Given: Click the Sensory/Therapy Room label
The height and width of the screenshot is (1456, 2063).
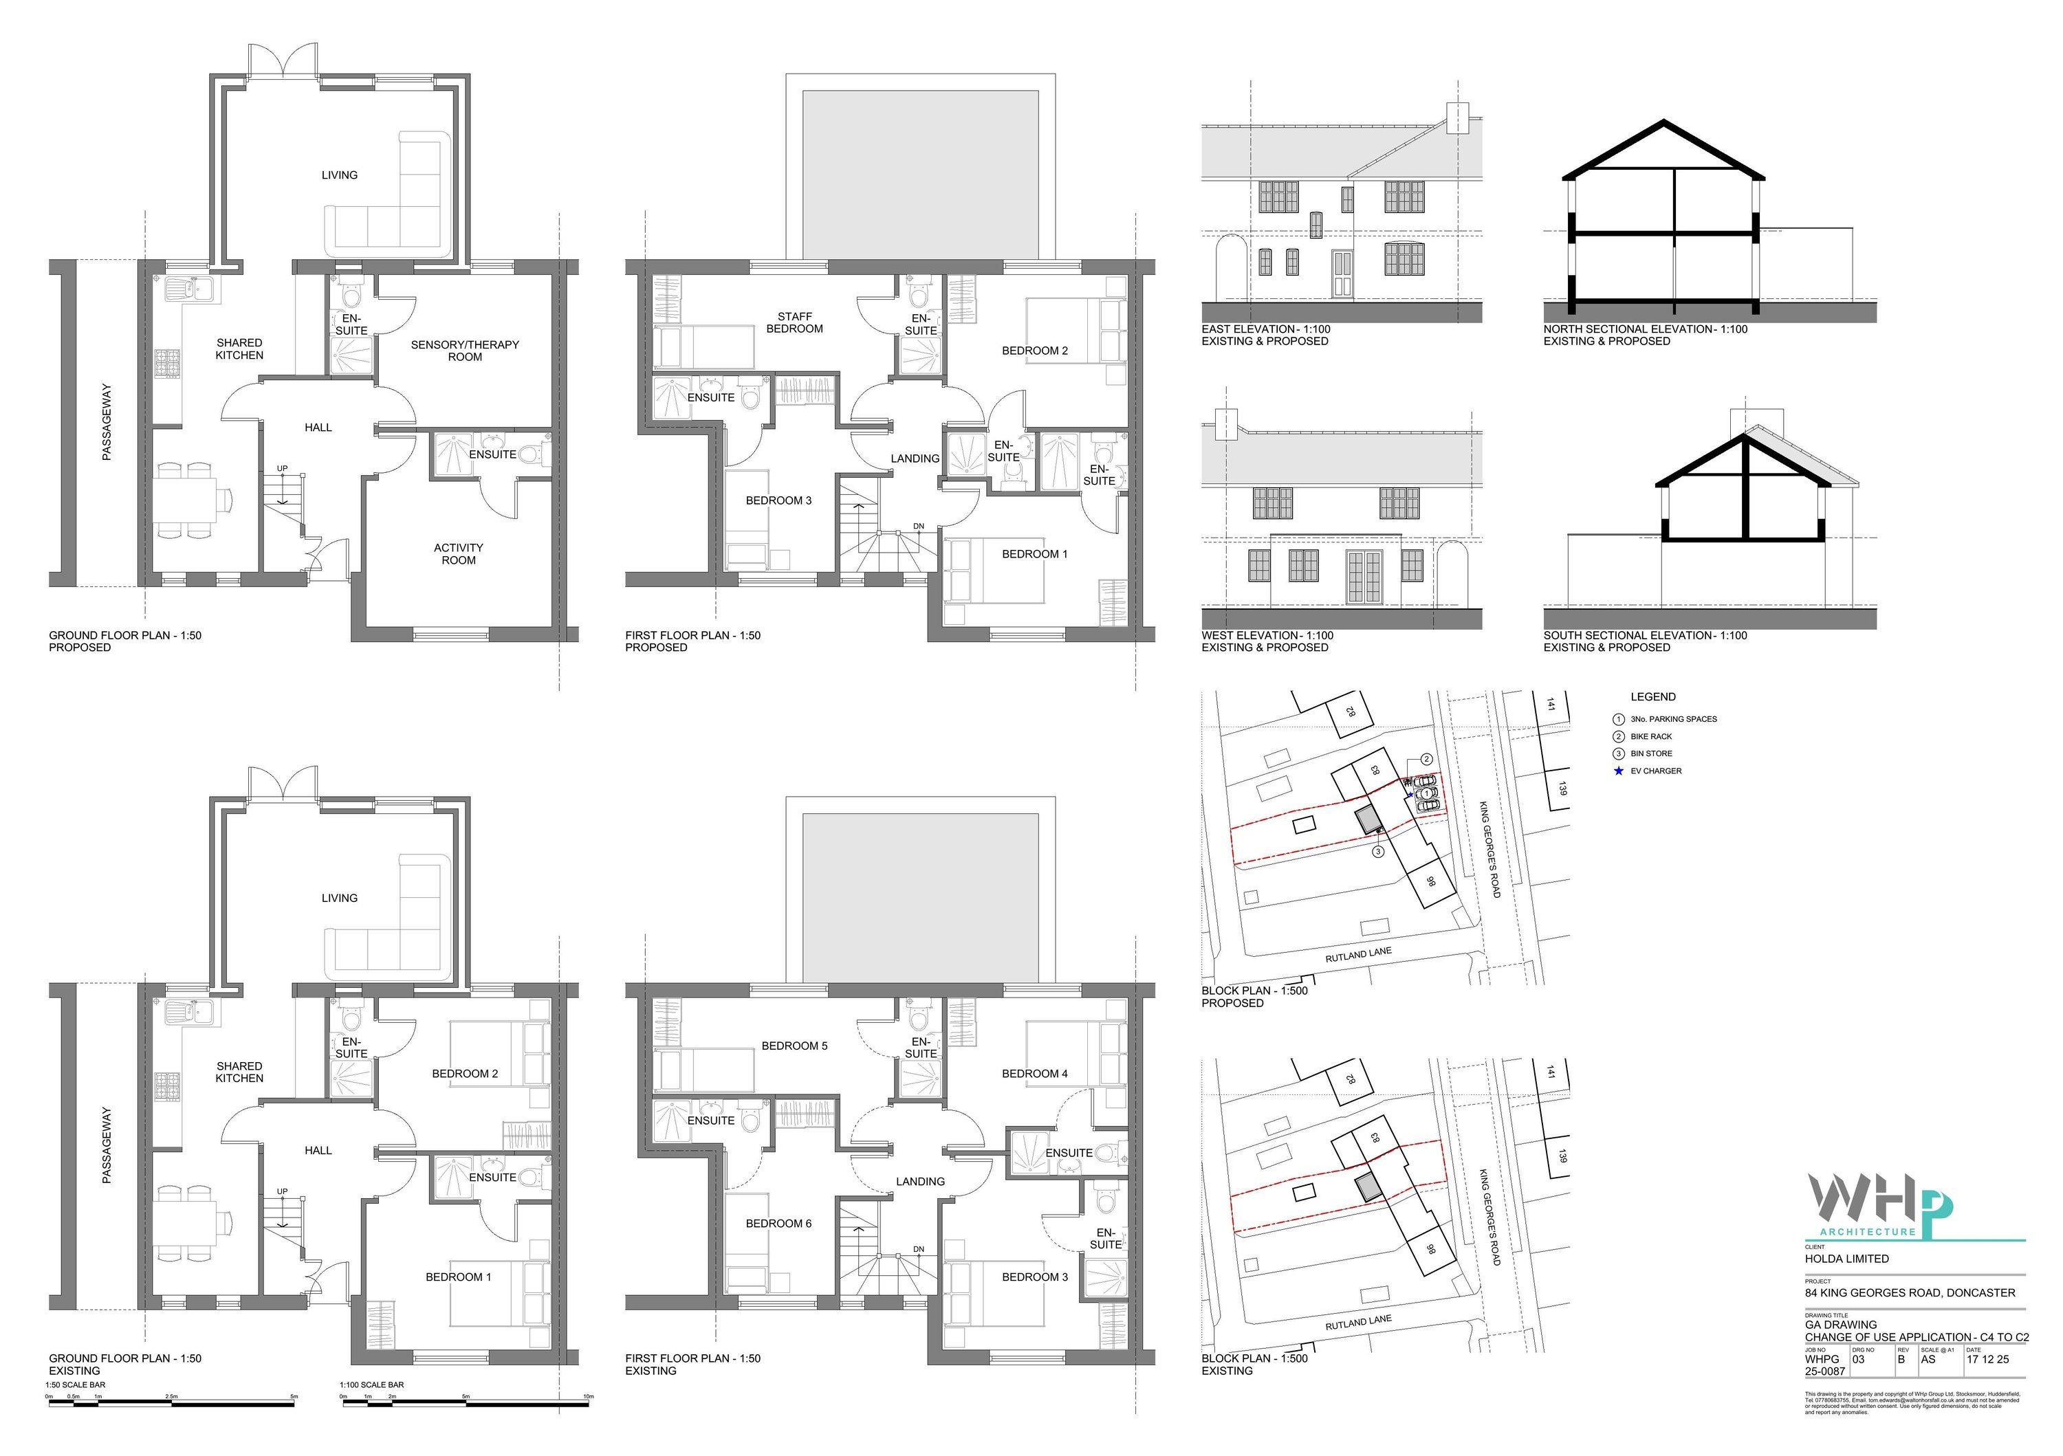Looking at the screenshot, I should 465,351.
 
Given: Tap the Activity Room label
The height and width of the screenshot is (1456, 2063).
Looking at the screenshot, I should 458,553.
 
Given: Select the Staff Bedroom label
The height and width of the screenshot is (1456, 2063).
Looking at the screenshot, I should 794,322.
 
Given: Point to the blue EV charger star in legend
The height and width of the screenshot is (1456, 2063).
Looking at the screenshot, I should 1619,771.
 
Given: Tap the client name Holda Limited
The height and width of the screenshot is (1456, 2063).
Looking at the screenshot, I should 1846,1259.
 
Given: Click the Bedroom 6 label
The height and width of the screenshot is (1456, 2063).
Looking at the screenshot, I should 778,1224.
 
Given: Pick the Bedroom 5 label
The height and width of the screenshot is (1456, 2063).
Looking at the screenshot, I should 794,1046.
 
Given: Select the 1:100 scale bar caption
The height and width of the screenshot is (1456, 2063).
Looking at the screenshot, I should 373,1384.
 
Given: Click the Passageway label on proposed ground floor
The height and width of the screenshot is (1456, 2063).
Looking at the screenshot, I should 107,422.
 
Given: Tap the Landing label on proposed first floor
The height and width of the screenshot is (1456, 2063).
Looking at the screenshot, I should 915,458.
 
